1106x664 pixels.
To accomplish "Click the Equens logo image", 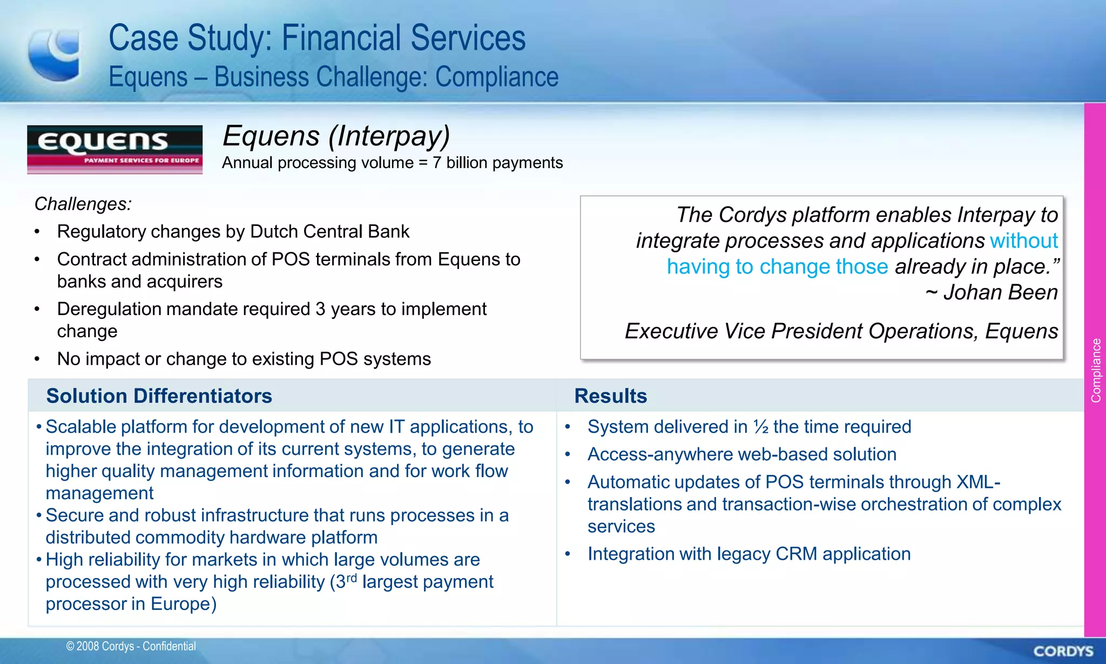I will point(114,149).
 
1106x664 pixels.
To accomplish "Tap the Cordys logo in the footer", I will point(1063,651).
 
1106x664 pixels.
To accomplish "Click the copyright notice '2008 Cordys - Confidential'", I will point(131,646).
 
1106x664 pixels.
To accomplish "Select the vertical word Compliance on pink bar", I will point(1096,371).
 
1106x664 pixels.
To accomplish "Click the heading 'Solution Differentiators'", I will point(159,396).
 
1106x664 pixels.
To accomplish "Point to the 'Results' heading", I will point(610,396).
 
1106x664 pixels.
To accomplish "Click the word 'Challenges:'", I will point(83,204).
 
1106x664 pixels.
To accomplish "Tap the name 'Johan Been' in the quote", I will point(1000,292).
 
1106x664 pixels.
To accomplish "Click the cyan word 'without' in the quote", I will point(1023,241).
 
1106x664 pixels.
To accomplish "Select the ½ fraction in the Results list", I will point(761,427).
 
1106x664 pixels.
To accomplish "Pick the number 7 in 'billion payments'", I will point(436,163).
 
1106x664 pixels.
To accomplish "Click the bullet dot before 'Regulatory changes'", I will point(37,232).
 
